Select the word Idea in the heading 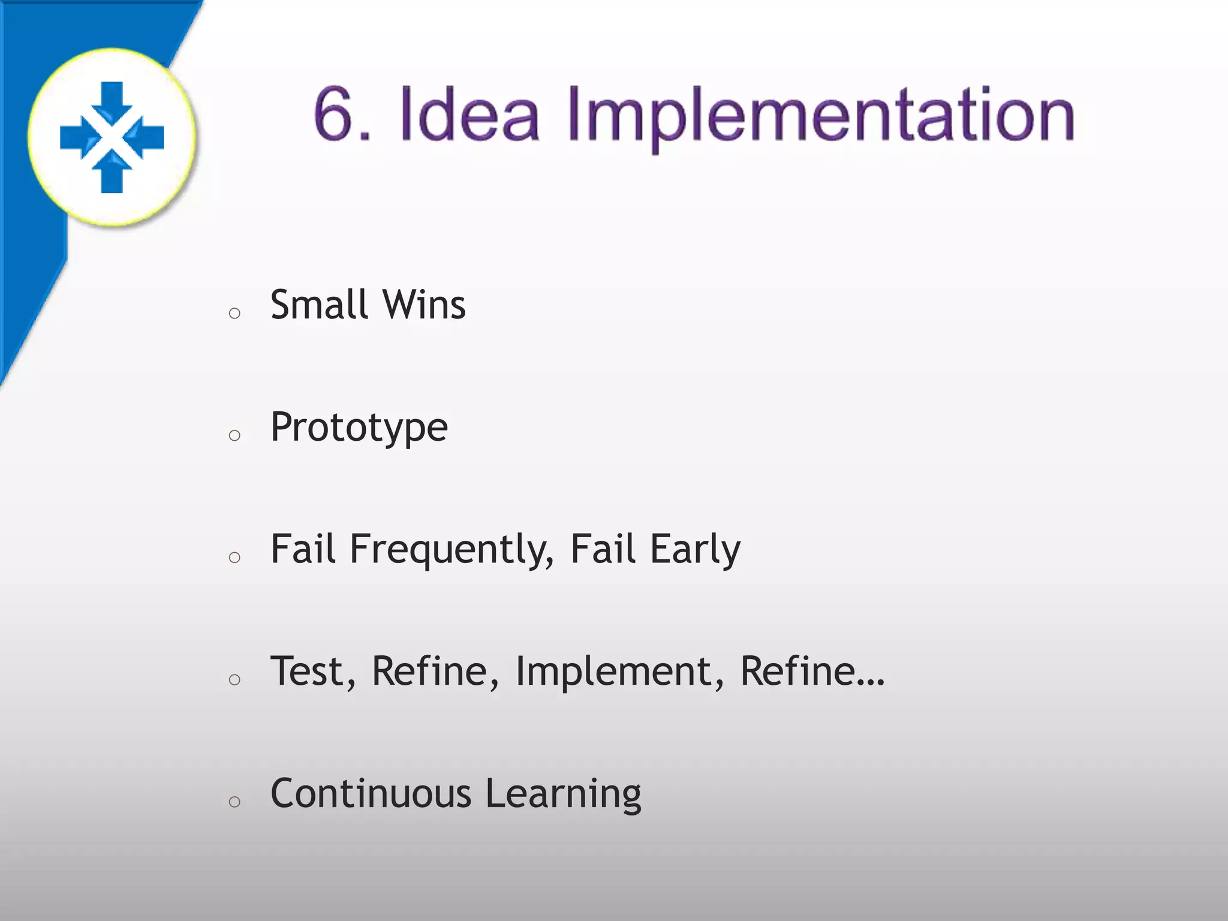tap(469, 114)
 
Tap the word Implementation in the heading tap(820, 117)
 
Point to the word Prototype tap(359, 428)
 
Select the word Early tap(696, 550)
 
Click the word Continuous tap(371, 794)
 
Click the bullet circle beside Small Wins tap(234, 313)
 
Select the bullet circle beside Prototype tap(234, 435)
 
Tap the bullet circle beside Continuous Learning tap(234, 802)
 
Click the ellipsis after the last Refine tap(870, 682)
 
